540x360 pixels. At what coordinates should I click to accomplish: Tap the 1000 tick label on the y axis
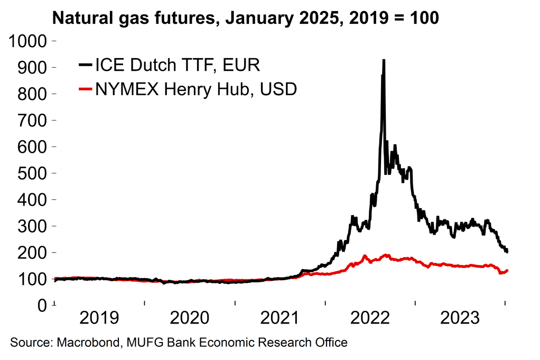click(29, 41)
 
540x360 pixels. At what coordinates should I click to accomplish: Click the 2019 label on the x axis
click(100, 319)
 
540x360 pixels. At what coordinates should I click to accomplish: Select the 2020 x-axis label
click(190, 319)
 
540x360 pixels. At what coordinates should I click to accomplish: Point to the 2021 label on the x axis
click(280, 319)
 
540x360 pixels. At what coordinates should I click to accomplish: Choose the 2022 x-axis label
click(370, 319)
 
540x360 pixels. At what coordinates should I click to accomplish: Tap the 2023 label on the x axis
click(460, 319)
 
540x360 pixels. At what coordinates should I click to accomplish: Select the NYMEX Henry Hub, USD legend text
click(195, 89)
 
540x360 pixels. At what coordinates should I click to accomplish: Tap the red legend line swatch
click(85, 90)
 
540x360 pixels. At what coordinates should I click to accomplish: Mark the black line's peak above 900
click(384, 60)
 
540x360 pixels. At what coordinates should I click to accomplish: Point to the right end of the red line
click(507, 271)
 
